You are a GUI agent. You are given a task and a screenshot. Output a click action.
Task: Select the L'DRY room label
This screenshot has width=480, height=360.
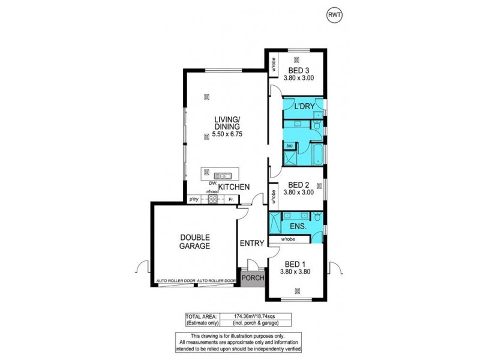pos(304,106)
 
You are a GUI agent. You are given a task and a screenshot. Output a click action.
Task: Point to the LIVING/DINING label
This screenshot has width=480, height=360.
pos(227,123)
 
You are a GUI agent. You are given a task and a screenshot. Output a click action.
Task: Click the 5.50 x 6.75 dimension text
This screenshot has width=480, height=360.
pos(227,136)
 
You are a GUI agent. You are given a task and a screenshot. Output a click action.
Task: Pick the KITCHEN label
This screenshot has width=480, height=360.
pos(233,187)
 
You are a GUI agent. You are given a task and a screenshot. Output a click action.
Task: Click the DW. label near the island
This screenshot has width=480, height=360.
pos(212,183)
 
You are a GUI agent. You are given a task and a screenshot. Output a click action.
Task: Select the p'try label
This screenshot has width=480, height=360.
pos(194,199)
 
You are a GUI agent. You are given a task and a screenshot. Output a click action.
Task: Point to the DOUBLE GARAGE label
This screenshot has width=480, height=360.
pos(194,241)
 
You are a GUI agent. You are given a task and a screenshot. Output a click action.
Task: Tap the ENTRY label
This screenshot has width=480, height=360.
pos(251,243)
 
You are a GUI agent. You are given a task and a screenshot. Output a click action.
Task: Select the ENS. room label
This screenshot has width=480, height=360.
pos(298,227)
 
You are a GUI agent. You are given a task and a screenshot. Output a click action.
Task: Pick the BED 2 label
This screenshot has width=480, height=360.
pos(298,185)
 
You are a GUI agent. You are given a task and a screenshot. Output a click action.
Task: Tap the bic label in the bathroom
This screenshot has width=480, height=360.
pos(289,146)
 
